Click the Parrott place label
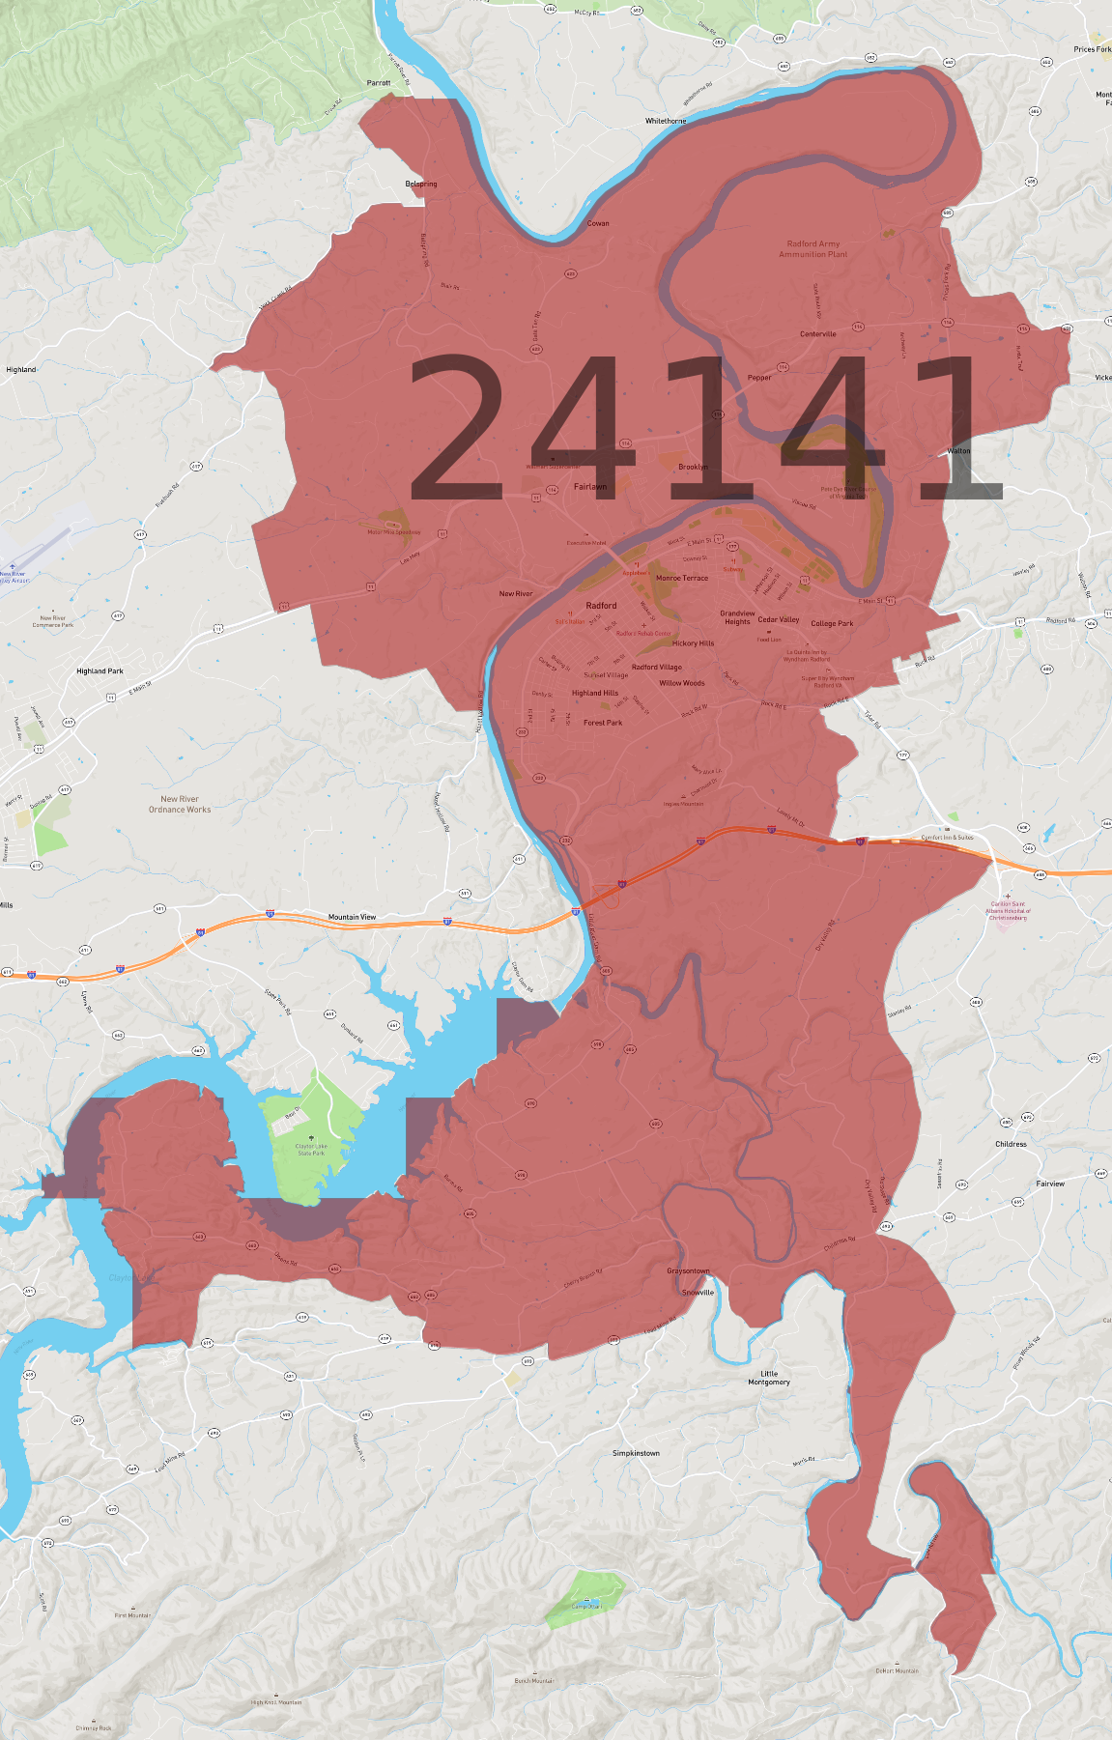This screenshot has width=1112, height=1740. tap(379, 83)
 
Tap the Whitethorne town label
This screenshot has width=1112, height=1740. tap(666, 121)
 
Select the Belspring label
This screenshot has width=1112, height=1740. tap(421, 184)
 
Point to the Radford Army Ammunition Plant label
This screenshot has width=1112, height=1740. tap(813, 249)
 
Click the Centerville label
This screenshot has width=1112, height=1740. tap(818, 334)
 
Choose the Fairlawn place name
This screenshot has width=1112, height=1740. tap(590, 487)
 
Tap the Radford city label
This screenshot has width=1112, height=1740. tap(601, 606)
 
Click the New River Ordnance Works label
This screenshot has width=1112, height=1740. tap(180, 804)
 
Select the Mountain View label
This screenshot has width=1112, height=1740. tap(352, 917)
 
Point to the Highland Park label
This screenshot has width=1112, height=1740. tap(100, 670)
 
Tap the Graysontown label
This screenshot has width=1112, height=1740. tap(688, 1270)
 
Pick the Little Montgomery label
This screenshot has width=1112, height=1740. tap(769, 1378)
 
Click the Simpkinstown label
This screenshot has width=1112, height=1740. tap(636, 1453)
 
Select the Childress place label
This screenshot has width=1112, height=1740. tap(1011, 1144)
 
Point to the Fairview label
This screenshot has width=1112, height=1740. tap(1050, 1184)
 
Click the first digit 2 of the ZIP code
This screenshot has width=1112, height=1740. tap(456, 427)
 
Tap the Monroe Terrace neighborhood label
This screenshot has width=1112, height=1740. tap(682, 579)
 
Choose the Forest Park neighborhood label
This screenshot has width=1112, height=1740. tap(603, 723)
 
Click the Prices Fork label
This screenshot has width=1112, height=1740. tap(1092, 49)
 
